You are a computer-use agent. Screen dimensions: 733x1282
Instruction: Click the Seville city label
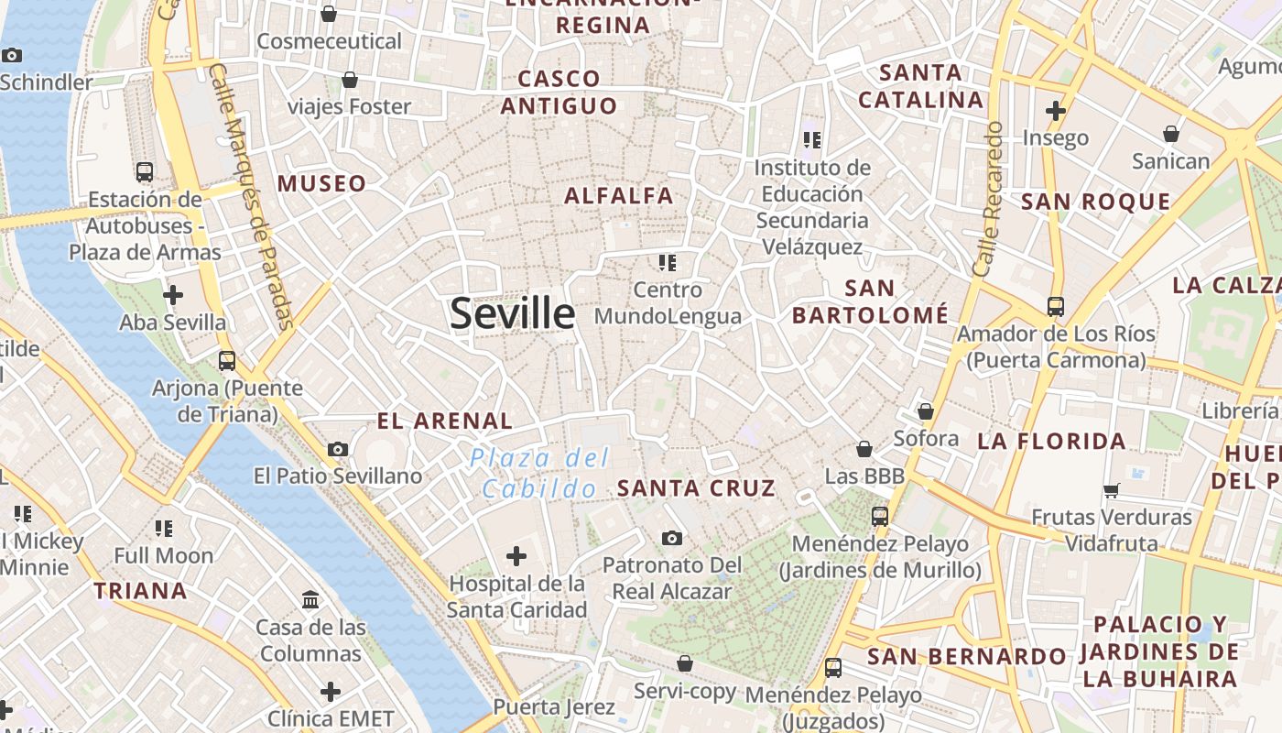[x=512, y=313]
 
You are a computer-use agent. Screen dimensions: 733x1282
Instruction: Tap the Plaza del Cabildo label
[x=540, y=473]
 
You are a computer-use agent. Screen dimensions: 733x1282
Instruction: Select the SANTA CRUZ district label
[x=696, y=488]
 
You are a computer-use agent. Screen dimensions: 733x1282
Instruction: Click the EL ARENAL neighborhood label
[x=445, y=421]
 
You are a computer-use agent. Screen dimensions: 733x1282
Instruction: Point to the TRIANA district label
[x=140, y=591]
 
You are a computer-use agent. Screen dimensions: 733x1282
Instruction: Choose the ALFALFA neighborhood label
[x=619, y=195]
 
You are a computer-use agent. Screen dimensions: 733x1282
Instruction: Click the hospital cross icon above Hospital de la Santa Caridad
[x=516, y=555]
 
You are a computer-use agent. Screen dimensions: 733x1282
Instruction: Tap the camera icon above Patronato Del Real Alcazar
[x=672, y=538]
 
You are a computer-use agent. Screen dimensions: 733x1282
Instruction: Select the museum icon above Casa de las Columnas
[x=310, y=600]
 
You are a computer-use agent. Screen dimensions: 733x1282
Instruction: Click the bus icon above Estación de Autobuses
[x=145, y=171]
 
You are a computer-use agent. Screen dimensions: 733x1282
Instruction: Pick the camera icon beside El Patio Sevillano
[x=338, y=449]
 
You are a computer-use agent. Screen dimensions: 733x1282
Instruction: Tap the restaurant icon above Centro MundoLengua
[x=668, y=263]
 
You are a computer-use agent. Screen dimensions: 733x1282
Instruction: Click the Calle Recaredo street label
[x=989, y=200]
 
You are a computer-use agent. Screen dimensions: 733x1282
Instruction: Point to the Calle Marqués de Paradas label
[x=250, y=196]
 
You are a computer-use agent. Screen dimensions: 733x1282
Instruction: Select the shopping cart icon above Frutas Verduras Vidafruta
[x=1112, y=490]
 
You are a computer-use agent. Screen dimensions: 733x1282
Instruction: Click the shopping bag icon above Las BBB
[x=864, y=449]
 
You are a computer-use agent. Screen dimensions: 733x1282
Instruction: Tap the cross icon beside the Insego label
[x=1056, y=111]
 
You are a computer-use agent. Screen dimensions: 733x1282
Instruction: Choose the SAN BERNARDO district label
[x=966, y=657]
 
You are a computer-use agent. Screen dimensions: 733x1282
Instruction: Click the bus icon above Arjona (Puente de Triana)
[x=227, y=360]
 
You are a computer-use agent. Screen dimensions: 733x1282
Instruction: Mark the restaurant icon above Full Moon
[x=164, y=528]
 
